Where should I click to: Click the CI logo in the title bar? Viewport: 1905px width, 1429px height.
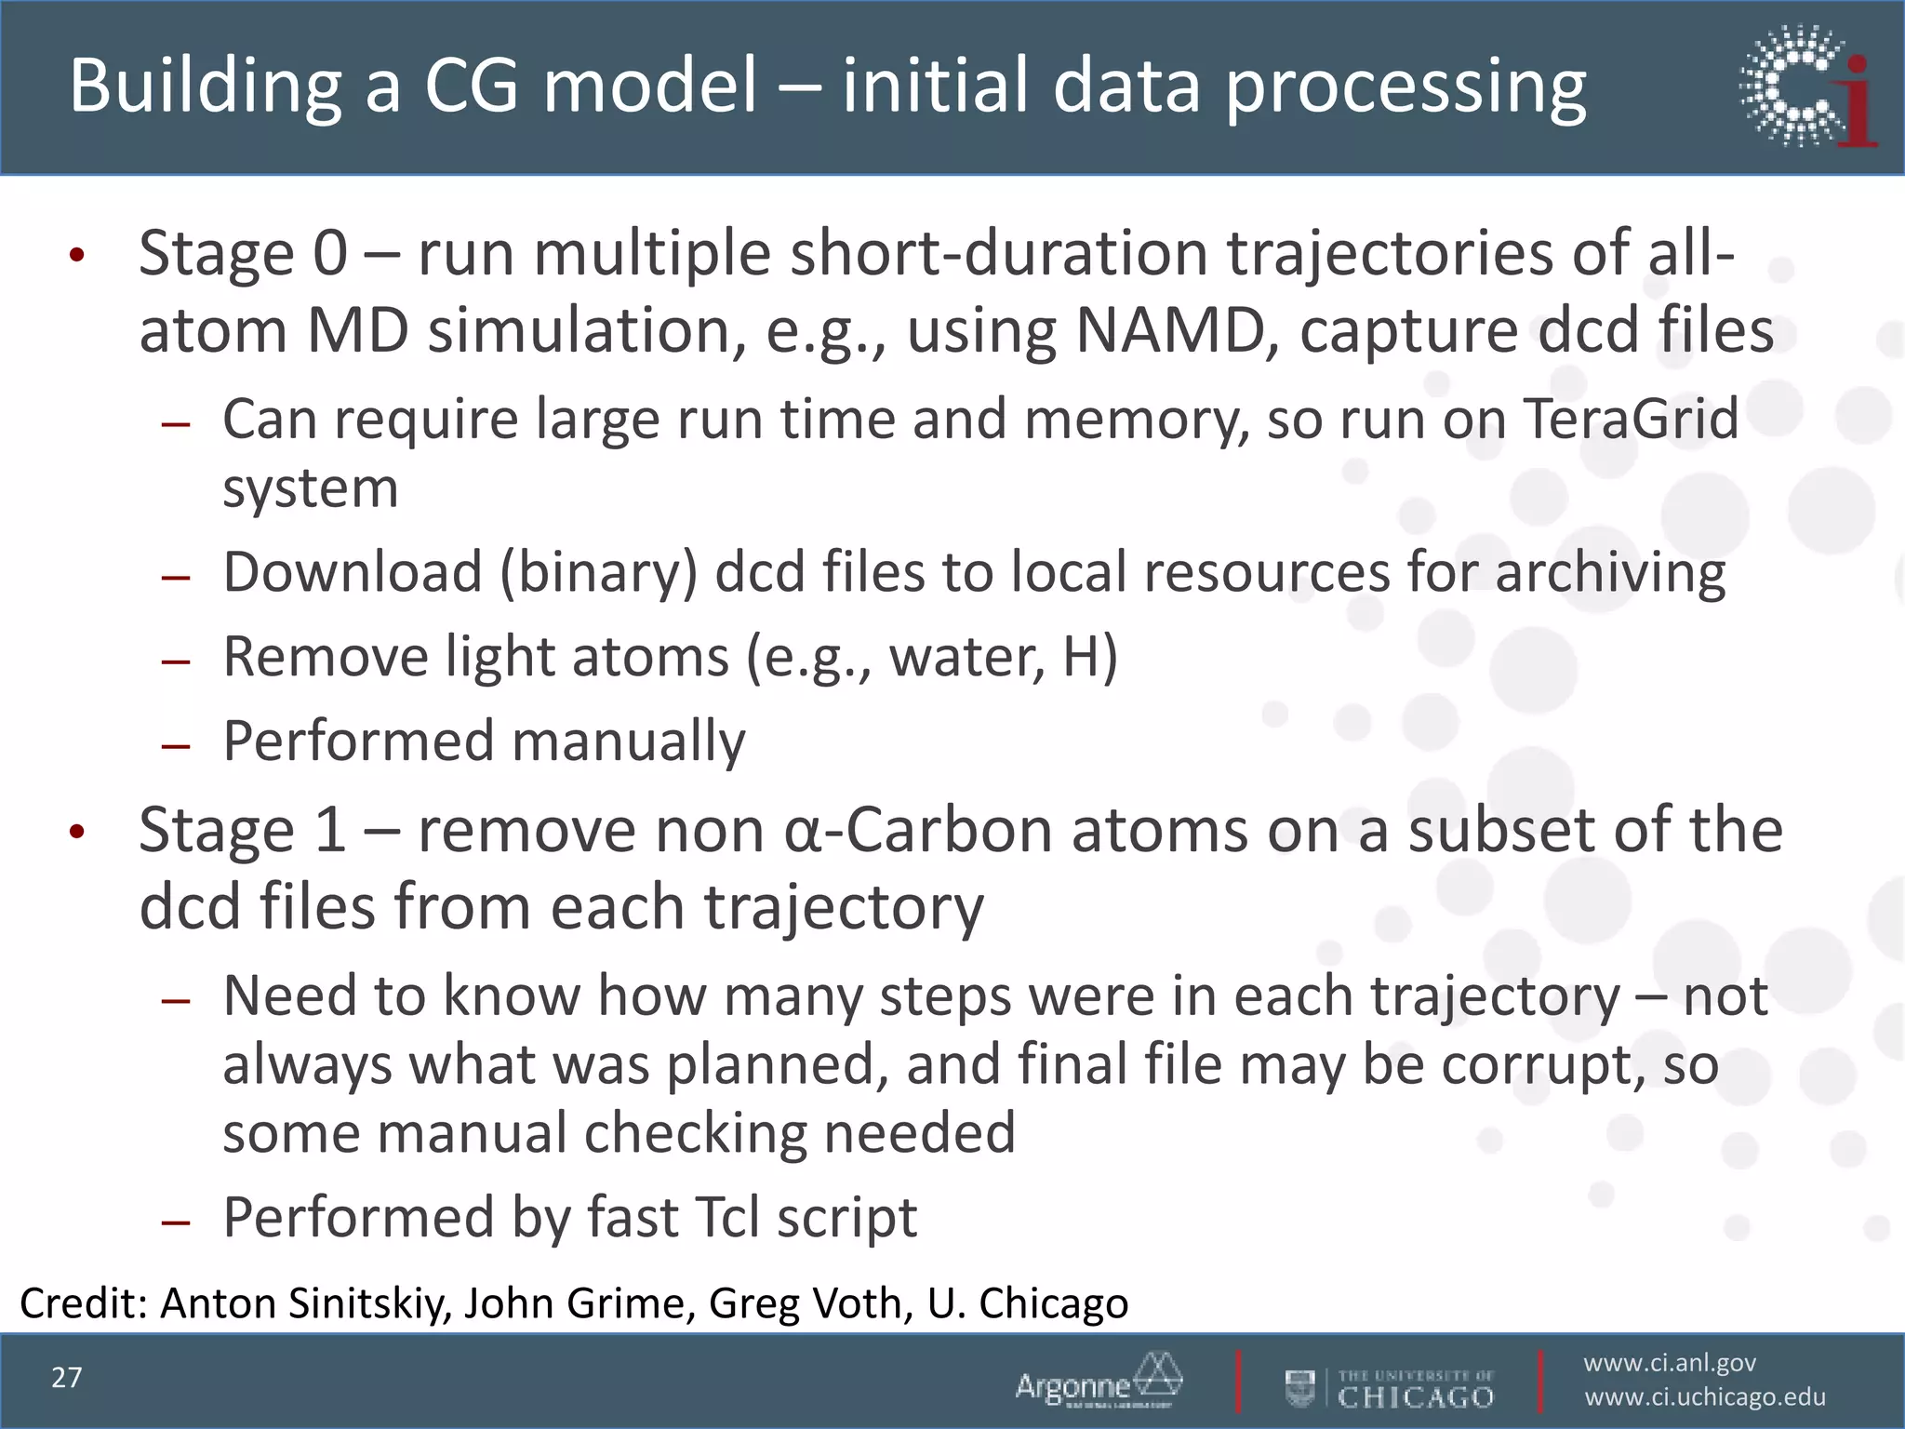point(1807,87)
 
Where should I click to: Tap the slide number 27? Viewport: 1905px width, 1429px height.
point(67,1378)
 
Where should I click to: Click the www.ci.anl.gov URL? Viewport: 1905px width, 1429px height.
point(1670,1363)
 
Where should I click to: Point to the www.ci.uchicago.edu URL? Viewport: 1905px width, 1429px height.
point(1705,1397)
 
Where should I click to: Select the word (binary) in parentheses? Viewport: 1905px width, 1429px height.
point(598,572)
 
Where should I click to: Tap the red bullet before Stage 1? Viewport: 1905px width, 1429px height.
point(77,832)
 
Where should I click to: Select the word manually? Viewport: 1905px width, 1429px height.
point(628,741)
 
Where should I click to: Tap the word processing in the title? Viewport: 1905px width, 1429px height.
point(1405,86)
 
